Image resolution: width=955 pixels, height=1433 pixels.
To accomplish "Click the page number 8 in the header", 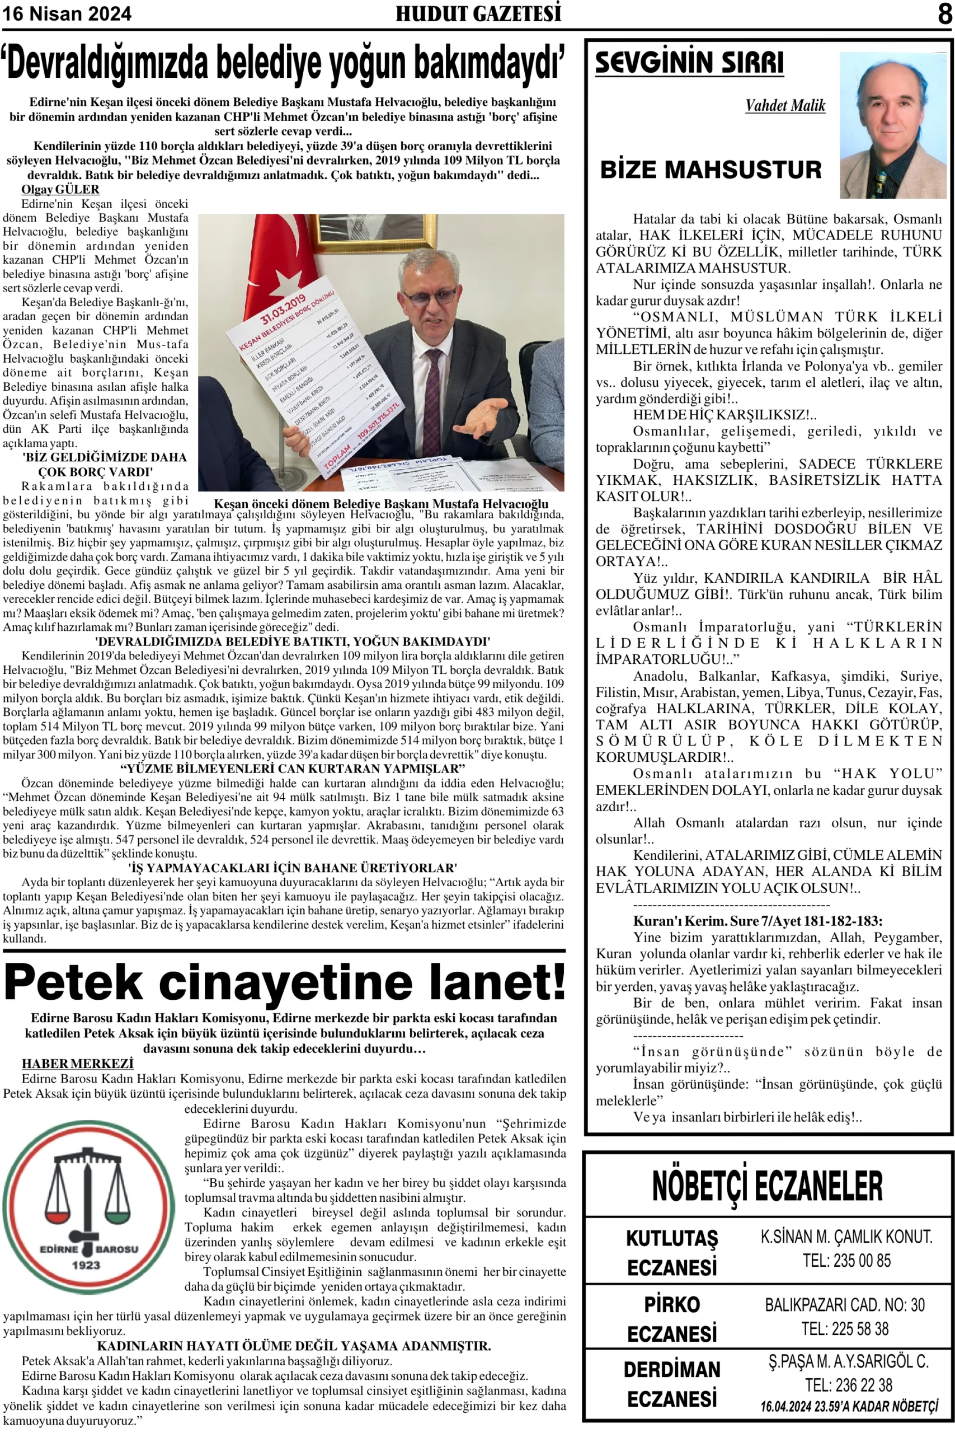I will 944,13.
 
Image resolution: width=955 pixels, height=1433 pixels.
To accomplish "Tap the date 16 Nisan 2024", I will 67,14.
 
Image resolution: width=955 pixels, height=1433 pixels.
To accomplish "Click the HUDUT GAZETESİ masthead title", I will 478,14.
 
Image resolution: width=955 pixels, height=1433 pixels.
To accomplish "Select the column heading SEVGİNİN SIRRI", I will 689,63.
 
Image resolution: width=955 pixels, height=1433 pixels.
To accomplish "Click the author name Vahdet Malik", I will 785,106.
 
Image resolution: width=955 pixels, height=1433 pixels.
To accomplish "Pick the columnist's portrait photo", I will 892,125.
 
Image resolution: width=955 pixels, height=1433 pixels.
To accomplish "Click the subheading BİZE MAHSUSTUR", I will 711,170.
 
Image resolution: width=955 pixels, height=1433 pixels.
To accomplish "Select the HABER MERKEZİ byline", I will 77,1064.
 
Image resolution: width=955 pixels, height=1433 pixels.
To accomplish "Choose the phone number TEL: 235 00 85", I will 846,1260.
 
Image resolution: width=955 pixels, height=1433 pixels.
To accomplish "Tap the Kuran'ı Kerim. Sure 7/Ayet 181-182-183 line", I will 758,921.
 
